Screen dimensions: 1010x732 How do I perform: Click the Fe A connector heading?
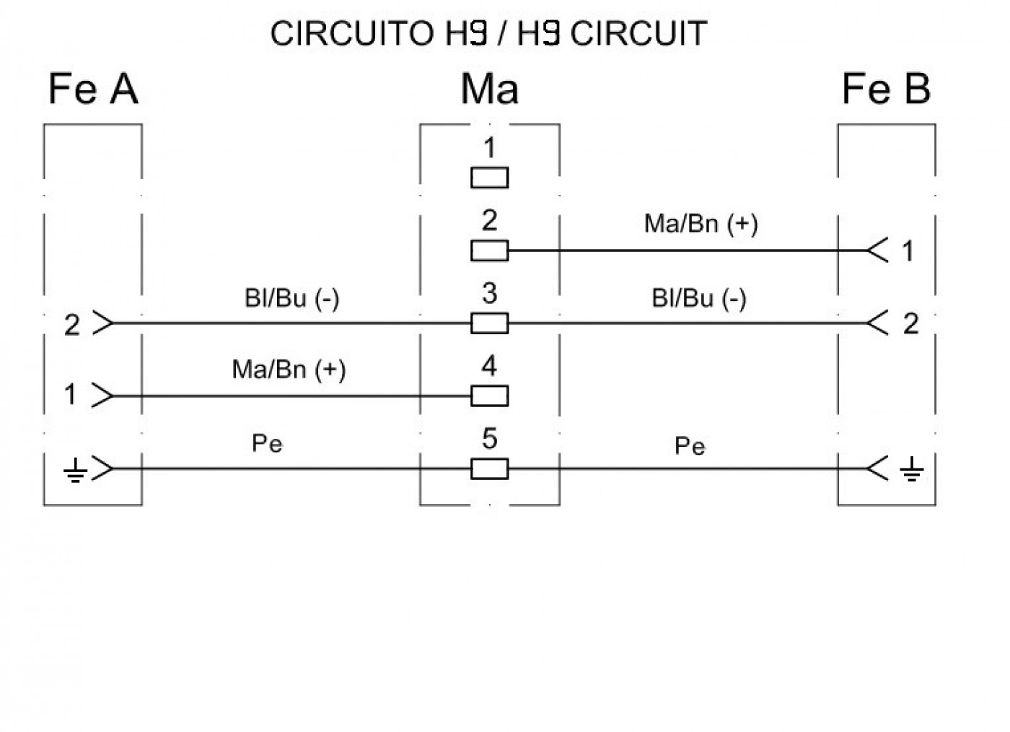(93, 89)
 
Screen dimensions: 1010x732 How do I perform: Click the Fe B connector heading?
(887, 89)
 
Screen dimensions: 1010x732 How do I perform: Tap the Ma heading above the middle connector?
(490, 89)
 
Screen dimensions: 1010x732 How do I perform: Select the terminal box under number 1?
(490, 178)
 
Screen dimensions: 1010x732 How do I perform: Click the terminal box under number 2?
(490, 250)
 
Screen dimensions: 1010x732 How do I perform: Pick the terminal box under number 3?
(490, 323)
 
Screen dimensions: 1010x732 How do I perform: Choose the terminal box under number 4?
(490, 396)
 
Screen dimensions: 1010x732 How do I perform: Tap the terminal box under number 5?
(490, 469)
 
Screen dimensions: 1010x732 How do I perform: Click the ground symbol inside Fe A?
(75, 470)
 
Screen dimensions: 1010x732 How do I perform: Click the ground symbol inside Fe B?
(912, 469)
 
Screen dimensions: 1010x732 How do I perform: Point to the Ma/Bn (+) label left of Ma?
(289, 370)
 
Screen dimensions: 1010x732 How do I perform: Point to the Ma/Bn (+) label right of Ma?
(701, 224)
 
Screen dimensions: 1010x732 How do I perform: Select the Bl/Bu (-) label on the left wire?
(291, 298)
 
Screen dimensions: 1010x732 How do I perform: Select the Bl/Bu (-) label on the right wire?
(699, 298)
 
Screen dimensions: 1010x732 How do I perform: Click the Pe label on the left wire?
(268, 443)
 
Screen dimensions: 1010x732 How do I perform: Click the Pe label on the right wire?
(690, 446)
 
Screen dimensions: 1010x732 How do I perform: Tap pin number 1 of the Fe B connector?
(908, 251)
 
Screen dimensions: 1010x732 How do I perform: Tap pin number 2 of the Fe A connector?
(72, 325)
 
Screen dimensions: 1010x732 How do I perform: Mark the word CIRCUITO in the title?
(352, 33)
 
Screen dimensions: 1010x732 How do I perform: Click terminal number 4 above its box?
(490, 365)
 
